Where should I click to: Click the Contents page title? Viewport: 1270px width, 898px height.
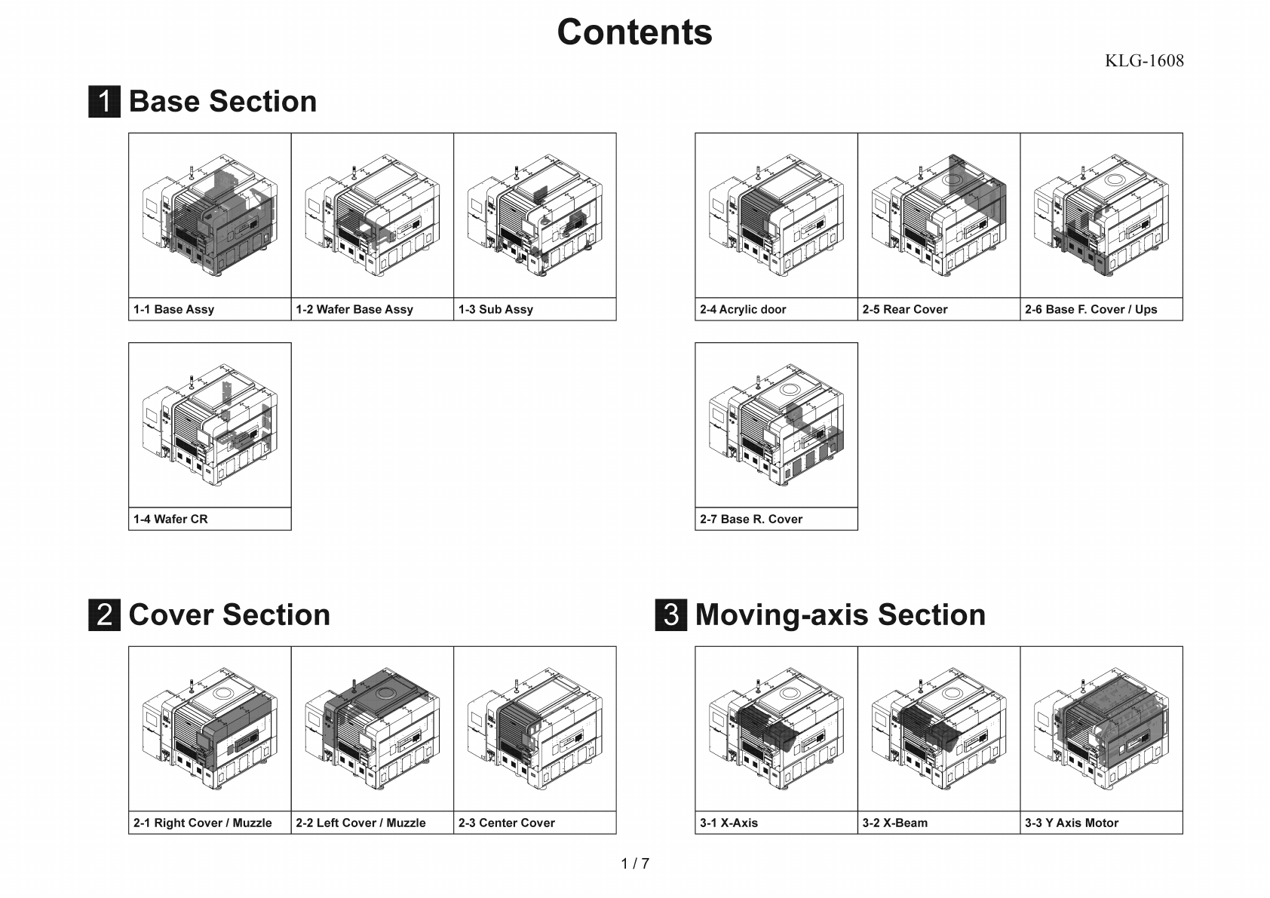pyautogui.click(x=634, y=32)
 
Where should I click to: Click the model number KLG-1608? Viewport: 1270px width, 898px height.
pyautogui.click(x=1143, y=61)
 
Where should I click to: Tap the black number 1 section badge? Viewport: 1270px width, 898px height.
pyautogui.click(x=104, y=102)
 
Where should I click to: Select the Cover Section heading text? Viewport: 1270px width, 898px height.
pyautogui.click(x=229, y=615)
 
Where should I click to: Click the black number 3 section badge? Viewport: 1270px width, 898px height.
pyautogui.click(x=670, y=615)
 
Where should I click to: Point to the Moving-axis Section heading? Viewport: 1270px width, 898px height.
pyautogui.click(x=839, y=615)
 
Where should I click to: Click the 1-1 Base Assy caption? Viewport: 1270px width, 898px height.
pyautogui.click(x=174, y=309)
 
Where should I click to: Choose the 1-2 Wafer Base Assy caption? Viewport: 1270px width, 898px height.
pyautogui.click(x=354, y=309)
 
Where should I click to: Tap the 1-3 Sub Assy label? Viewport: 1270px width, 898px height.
pyautogui.click(x=495, y=309)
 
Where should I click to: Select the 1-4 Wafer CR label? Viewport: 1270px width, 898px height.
pyautogui.click(x=170, y=519)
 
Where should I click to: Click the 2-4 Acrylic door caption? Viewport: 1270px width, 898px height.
pyautogui.click(x=743, y=309)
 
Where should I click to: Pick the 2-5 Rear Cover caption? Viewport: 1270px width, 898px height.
pyautogui.click(x=905, y=309)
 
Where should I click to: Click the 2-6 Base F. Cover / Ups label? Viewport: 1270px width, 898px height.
pyautogui.click(x=1091, y=309)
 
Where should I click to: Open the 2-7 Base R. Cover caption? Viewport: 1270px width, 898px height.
pyautogui.click(x=751, y=519)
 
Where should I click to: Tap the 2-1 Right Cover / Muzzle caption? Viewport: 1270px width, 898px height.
pyautogui.click(x=203, y=823)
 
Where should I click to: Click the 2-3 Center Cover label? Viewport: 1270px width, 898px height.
pyautogui.click(x=507, y=823)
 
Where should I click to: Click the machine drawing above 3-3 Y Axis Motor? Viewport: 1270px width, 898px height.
pyautogui.click(x=1101, y=729)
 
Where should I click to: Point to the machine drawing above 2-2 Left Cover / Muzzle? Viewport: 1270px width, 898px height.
pyautogui.click(x=373, y=729)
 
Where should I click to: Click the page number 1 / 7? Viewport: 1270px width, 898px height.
pyautogui.click(x=635, y=864)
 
